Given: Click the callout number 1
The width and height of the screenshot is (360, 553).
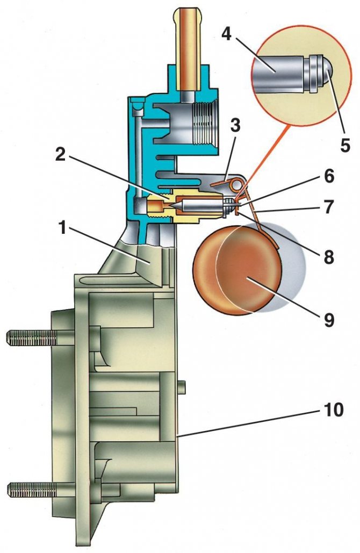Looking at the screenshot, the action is point(63,228).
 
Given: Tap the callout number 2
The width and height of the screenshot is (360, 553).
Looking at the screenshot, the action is point(61,154).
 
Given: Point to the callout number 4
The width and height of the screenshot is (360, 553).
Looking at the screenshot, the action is point(227,34).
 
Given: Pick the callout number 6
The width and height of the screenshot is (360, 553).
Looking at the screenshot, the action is point(329,176).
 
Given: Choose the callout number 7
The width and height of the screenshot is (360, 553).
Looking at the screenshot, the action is point(329,207).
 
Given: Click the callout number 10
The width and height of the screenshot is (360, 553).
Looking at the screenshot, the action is point(332,410).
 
